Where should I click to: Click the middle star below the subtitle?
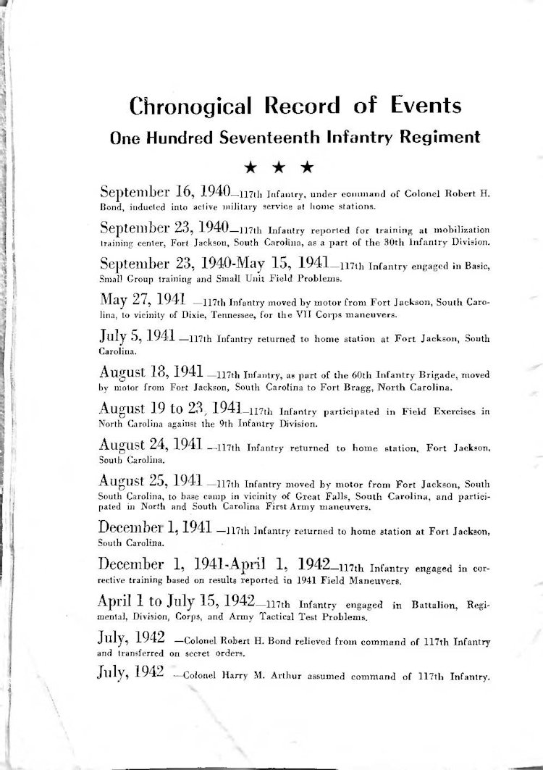tap(279, 167)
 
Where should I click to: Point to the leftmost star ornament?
tap(251, 167)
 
